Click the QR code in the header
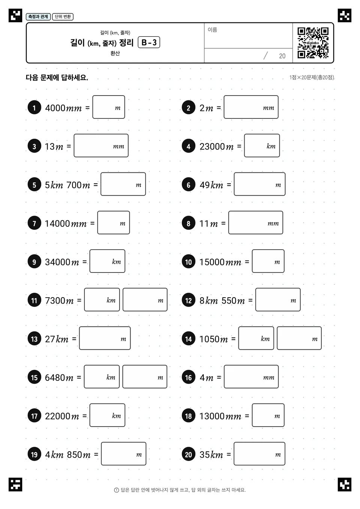point(313,43)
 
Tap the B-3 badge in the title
point(149,42)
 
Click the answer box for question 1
point(109,107)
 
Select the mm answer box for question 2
point(251,107)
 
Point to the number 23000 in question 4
point(212,147)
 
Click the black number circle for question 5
point(34,184)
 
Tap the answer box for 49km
point(259,184)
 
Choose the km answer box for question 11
point(102,299)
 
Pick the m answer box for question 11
point(145,299)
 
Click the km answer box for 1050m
point(256,338)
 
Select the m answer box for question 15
point(145,377)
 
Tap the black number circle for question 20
point(189,454)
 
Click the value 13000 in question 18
point(212,416)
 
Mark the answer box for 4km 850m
point(124,454)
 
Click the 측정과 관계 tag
point(38,16)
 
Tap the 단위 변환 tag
point(63,16)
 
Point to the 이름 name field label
point(212,30)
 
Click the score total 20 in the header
point(282,56)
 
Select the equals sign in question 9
point(84,262)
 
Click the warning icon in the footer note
point(116,490)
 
